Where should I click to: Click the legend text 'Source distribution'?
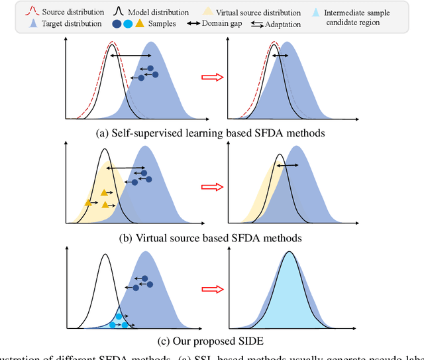pos(72,12)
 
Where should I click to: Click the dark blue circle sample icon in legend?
pos(117,23)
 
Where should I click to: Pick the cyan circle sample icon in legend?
pos(128,23)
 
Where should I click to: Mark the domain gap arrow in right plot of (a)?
pos(280,57)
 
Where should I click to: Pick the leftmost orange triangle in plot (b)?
pos(87,202)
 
